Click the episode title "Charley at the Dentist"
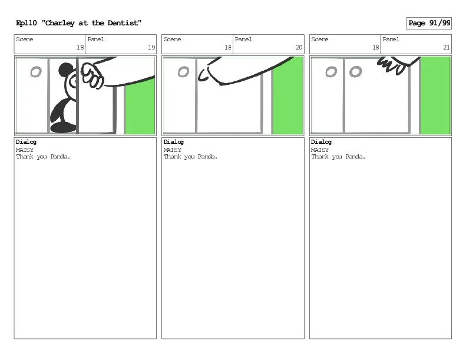(91, 23)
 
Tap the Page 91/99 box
(428, 23)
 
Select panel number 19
(151, 47)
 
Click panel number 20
(299, 47)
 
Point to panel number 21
(447, 47)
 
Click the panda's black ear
(66, 70)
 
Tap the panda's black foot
(63, 128)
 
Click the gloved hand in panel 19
(92, 75)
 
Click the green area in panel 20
(287, 95)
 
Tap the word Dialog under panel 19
(26, 142)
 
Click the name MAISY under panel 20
(173, 150)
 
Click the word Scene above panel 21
(320, 39)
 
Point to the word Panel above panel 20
(243, 39)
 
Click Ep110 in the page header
(27, 23)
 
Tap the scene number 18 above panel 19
(80, 47)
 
